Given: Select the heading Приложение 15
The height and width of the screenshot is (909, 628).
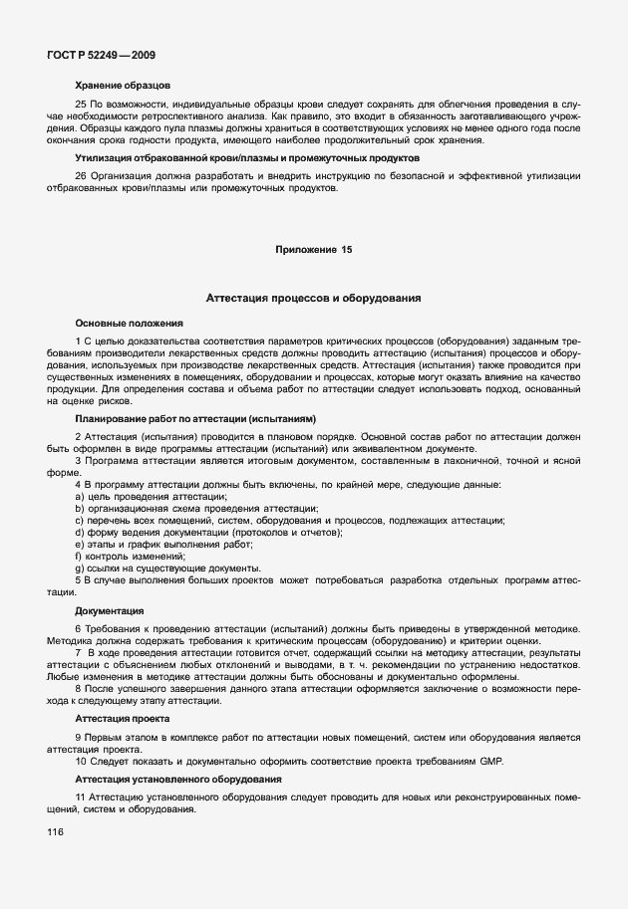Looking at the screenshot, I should click(313, 249).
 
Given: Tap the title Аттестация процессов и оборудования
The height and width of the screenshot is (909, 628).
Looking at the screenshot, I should click(313, 298).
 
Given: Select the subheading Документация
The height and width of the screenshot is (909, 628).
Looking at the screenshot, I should click(110, 609).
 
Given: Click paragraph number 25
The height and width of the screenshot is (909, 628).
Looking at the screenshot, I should click(81, 105).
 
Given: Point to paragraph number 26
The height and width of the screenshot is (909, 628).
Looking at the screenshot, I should click(81, 176).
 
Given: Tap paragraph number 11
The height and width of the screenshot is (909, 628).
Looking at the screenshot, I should click(81, 797).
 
